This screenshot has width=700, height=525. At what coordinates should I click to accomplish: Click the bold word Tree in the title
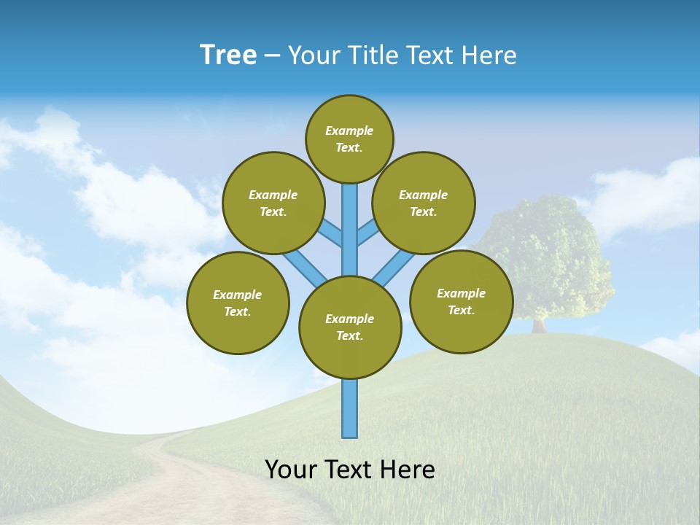coord(228,55)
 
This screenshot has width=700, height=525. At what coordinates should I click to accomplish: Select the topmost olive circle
coord(349,139)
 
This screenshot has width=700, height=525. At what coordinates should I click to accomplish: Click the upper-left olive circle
coord(273,203)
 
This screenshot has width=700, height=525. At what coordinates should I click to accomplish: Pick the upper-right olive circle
coord(423,203)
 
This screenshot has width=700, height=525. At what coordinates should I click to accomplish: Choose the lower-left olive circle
coord(238,303)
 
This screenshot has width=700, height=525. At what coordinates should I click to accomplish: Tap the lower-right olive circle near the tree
coord(461,301)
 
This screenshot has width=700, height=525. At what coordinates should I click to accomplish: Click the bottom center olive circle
coord(350,327)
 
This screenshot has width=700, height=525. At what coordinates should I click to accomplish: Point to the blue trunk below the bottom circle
coord(350,408)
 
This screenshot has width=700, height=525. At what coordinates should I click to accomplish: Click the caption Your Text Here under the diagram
coord(349,470)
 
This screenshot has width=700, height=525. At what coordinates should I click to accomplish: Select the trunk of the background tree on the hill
coord(540,324)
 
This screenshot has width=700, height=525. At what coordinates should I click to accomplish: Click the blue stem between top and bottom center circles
coord(350,233)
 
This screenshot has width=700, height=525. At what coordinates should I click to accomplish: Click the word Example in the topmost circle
coord(349,131)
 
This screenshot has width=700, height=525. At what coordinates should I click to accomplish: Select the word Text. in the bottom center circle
coord(349,335)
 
